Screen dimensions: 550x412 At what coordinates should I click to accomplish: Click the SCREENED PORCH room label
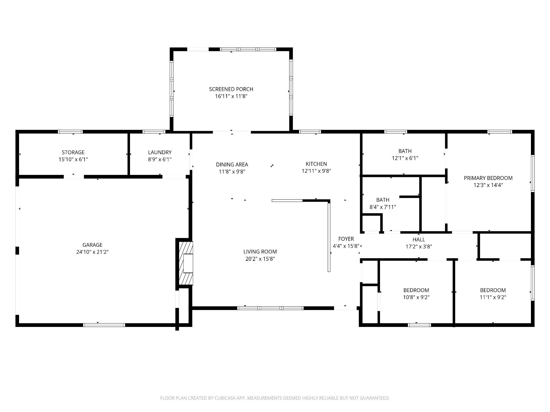(231, 89)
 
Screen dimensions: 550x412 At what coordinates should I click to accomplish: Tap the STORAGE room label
(73, 152)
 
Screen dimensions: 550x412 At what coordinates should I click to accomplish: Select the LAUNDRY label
(160, 152)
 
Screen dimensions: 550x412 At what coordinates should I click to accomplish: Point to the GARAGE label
(92, 245)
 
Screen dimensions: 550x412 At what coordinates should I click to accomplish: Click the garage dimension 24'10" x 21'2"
(92, 252)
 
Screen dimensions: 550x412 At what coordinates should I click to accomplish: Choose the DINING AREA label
(232, 164)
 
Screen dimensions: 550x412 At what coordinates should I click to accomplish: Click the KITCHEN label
(316, 164)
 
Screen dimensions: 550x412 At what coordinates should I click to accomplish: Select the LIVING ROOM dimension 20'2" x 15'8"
(260, 259)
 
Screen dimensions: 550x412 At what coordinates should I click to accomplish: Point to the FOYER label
(346, 239)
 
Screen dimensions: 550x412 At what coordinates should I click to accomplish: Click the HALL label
(419, 240)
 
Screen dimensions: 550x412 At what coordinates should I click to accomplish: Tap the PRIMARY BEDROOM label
(488, 178)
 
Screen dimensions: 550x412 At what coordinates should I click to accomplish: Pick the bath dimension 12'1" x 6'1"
(405, 158)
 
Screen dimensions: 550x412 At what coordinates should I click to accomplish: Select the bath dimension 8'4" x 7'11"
(383, 207)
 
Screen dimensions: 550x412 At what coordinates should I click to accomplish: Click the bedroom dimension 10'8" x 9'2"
(416, 297)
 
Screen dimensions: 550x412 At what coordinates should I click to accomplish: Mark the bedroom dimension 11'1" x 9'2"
(493, 297)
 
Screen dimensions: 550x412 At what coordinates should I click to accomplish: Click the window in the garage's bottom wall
(104, 325)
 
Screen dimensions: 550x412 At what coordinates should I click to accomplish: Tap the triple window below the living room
(270, 308)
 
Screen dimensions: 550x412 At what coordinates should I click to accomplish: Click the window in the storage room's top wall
(70, 132)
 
